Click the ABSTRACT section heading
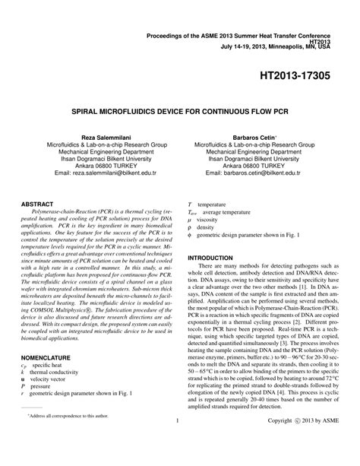(x=38, y=204)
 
